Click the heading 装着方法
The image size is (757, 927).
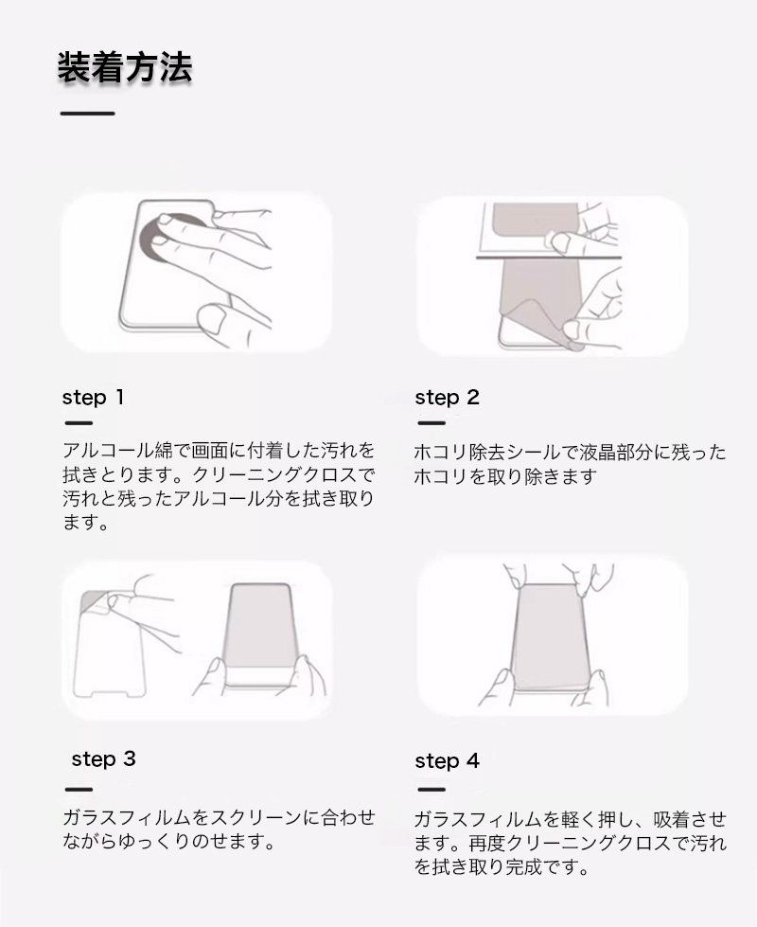(x=125, y=67)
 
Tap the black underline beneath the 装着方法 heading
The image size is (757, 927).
(x=87, y=113)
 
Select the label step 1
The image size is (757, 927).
(x=93, y=398)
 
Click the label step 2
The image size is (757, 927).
(x=447, y=398)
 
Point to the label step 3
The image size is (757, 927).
(x=103, y=759)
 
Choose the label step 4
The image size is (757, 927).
(x=447, y=761)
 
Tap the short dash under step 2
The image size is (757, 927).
(x=431, y=422)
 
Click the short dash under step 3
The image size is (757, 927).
(x=79, y=790)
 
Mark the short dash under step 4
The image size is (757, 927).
(x=431, y=790)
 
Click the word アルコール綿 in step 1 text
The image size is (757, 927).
(x=117, y=451)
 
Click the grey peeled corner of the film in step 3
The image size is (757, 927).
(x=95, y=603)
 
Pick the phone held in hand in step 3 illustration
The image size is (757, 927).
(x=260, y=635)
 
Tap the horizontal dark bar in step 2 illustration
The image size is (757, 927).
(x=549, y=258)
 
